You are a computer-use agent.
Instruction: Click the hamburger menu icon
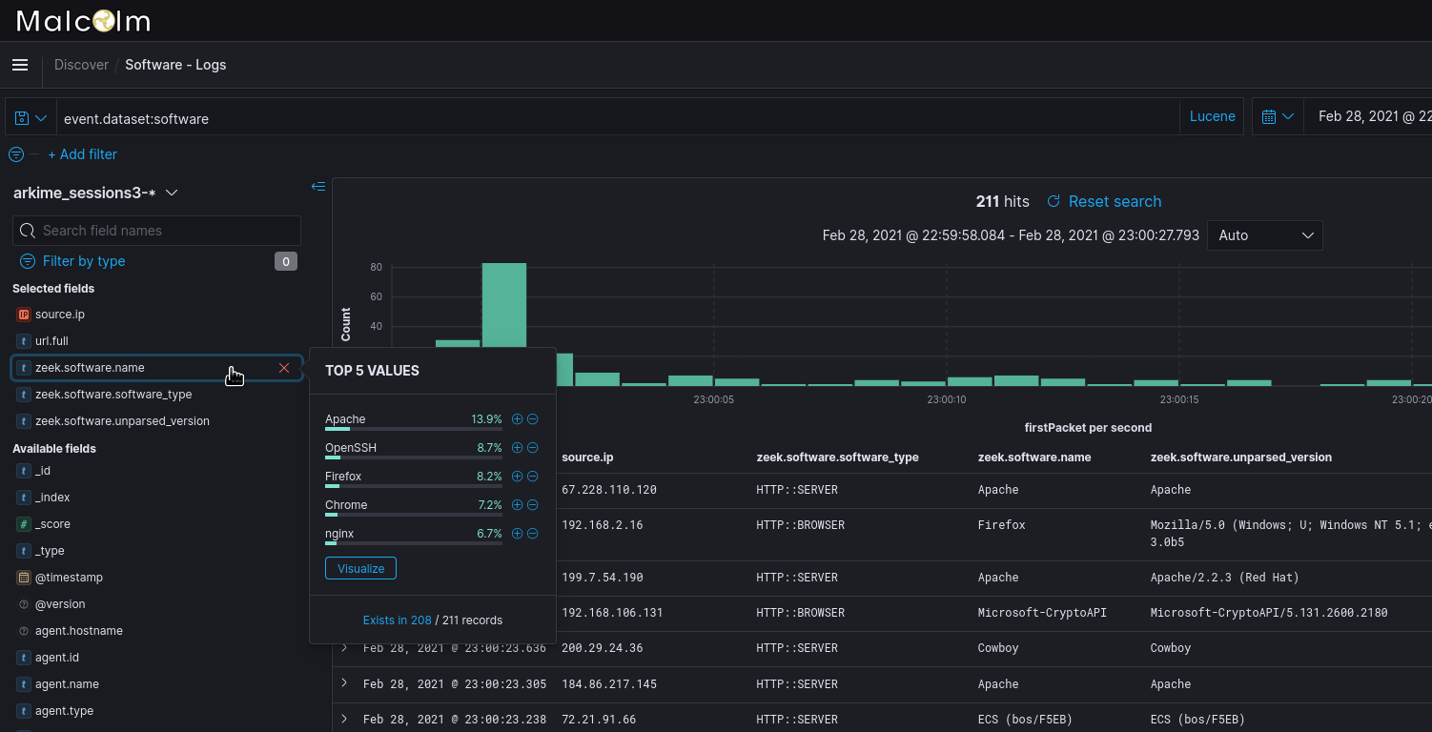tap(20, 65)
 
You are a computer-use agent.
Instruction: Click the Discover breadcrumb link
tap(81, 65)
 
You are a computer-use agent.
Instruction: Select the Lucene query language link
tap(1212, 116)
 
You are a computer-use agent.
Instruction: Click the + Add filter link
tap(83, 154)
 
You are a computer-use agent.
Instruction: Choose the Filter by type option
tap(83, 261)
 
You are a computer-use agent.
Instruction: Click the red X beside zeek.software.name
tap(284, 368)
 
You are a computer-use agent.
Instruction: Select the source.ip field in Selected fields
tap(60, 315)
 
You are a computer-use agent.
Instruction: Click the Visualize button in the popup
tap(360, 569)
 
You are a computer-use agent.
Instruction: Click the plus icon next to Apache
tap(518, 419)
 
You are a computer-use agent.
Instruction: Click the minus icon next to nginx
tap(533, 534)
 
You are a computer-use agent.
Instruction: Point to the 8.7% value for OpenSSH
tap(489, 448)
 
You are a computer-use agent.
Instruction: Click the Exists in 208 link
tap(397, 620)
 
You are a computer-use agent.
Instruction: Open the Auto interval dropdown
tap(1264, 235)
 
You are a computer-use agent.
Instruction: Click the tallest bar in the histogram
tap(504, 324)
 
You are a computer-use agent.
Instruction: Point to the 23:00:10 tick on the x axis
tap(946, 400)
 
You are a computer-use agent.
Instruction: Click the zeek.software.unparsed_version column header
tap(1240, 457)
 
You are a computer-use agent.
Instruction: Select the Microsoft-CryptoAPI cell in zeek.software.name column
tap(1042, 613)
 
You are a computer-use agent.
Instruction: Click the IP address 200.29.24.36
tap(602, 648)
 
